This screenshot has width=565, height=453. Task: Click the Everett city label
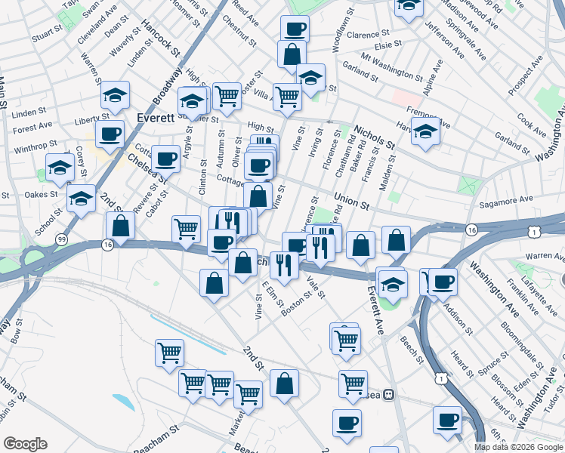click(156, 119)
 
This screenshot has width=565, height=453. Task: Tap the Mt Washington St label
click(392, 66)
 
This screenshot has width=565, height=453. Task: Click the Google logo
click(24, 443)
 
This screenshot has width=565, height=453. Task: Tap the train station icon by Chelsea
click(388, 394)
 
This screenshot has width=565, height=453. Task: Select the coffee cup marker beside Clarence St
click(295, 29)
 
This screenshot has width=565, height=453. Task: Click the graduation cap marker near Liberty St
click(115, 94)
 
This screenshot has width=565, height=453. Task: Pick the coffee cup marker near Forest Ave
click(110, 134)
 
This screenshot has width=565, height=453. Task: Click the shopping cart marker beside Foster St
click(227, 96)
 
